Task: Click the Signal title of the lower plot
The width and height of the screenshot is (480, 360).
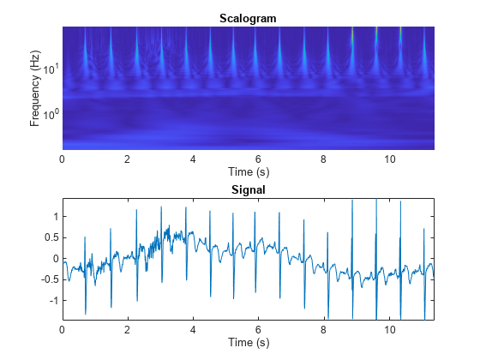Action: [248, 190]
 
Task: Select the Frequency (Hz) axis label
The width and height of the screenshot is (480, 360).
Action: [34, 88]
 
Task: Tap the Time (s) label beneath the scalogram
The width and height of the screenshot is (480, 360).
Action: [248, 171]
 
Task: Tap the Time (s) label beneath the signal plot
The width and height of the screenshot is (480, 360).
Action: [248, 343]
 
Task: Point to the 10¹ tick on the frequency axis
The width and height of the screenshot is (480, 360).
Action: [51, 69]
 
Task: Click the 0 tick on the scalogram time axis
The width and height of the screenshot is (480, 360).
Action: [63, 159]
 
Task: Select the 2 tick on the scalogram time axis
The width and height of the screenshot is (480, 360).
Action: [128, 159]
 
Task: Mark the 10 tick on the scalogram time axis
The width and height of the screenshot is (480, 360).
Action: [390, 159]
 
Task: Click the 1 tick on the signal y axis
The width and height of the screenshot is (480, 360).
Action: [54, 217]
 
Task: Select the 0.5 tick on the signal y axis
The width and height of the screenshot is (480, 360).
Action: [51, 237]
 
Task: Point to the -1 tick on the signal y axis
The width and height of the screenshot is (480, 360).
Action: [52, 301]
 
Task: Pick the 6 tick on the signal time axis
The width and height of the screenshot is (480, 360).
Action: [259, 330]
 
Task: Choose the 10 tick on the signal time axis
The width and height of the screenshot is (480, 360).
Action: [390, 330]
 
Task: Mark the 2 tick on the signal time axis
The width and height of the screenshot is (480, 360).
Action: [128, 330]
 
